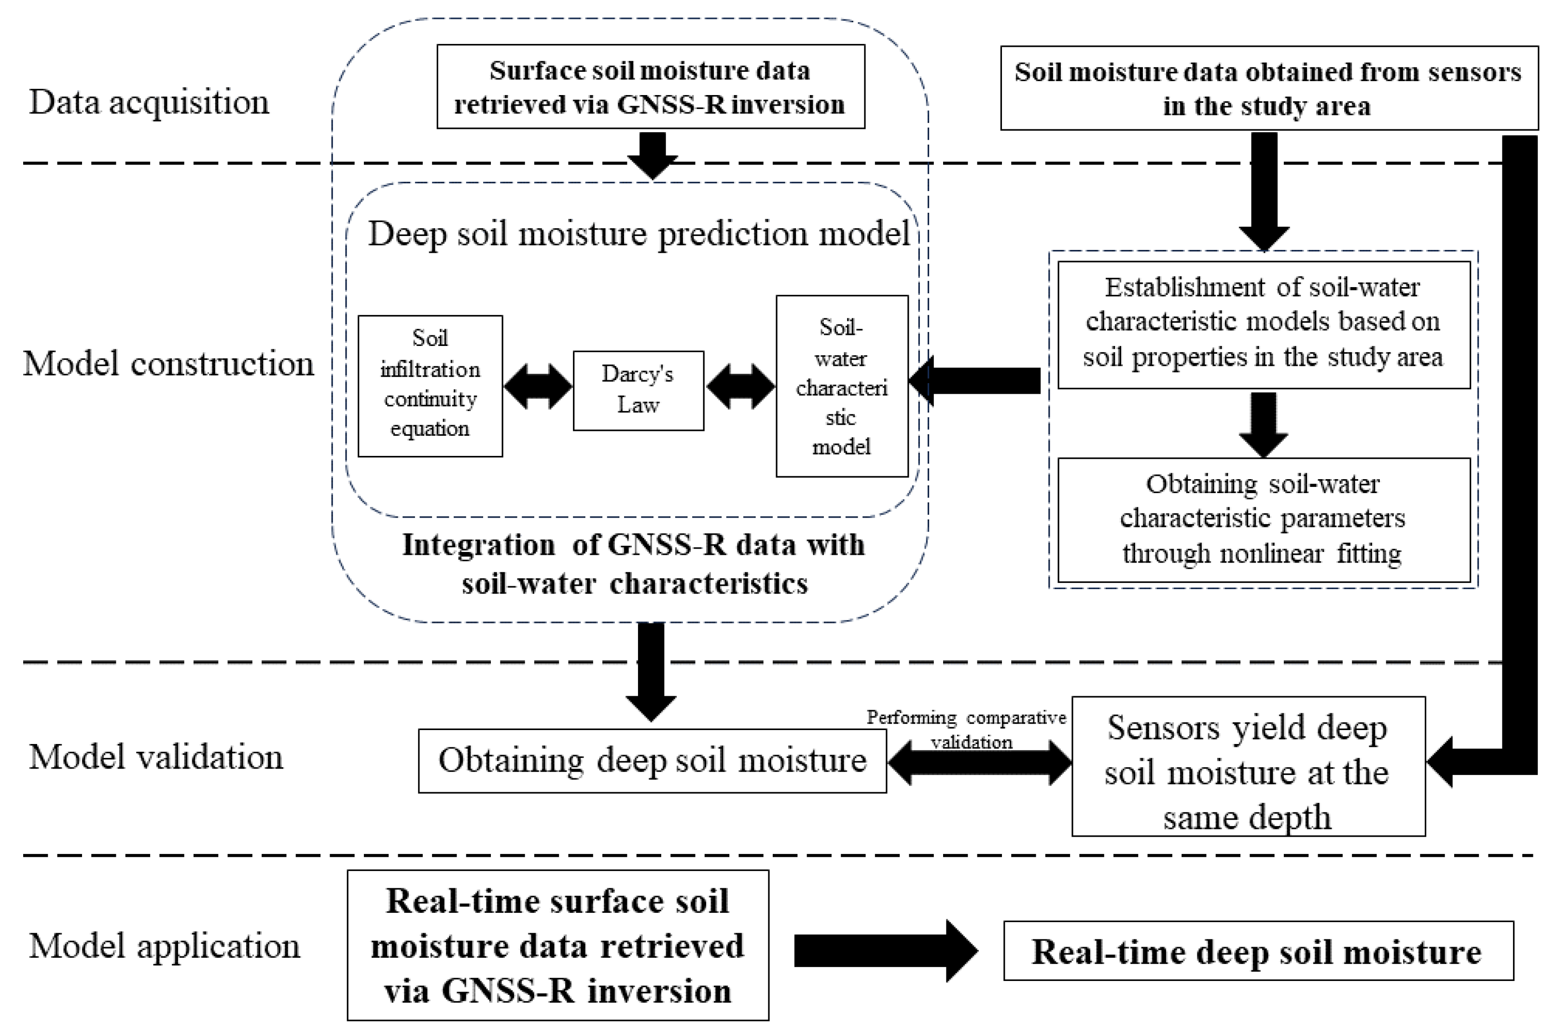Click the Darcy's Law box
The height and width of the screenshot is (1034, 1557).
click(x=638, y=390)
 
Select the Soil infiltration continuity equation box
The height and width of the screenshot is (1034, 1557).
click(x=430, y=386)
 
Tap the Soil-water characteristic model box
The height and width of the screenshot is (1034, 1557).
click(x=841, y=386)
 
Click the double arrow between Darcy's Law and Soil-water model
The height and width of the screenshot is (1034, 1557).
click(x=740, y=386)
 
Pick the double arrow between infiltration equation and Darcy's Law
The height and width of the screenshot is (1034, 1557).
click(x=538, y=386)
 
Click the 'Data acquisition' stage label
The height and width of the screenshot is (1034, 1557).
click(x=149, y=102)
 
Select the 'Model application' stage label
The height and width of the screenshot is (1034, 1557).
click(x=164, y=946)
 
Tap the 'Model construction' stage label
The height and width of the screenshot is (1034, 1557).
click(x=168, y=363)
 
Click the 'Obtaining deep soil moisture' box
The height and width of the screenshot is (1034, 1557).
click(x=652, y=760)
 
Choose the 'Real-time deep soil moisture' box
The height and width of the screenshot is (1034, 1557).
click(x=1258, y=951)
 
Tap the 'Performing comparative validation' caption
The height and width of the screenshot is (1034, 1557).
click(x=966, y=729)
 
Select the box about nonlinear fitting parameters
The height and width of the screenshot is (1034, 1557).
click(x=1263, y=520)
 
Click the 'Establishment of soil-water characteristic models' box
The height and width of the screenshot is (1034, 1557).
click(x=1263, y=324)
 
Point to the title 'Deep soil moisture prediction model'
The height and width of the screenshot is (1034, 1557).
click(x=639, y=234)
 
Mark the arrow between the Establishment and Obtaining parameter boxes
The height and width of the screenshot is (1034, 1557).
click(x=1263, y=424)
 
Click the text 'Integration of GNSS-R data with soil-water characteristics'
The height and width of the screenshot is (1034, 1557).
click(x=633, y=565)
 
